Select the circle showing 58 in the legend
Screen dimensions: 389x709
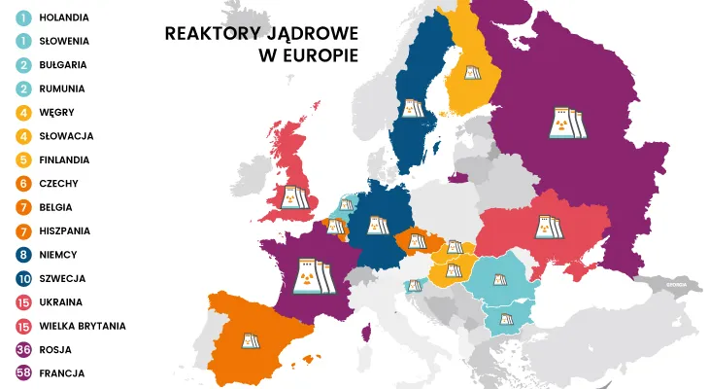tap(20, 372)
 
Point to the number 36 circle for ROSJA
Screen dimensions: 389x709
tap(20, 349)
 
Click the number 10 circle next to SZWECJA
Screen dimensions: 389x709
tap(20, 278)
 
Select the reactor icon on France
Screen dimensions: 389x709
tap(312, 275)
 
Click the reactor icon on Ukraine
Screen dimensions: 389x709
tap(547, 228)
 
